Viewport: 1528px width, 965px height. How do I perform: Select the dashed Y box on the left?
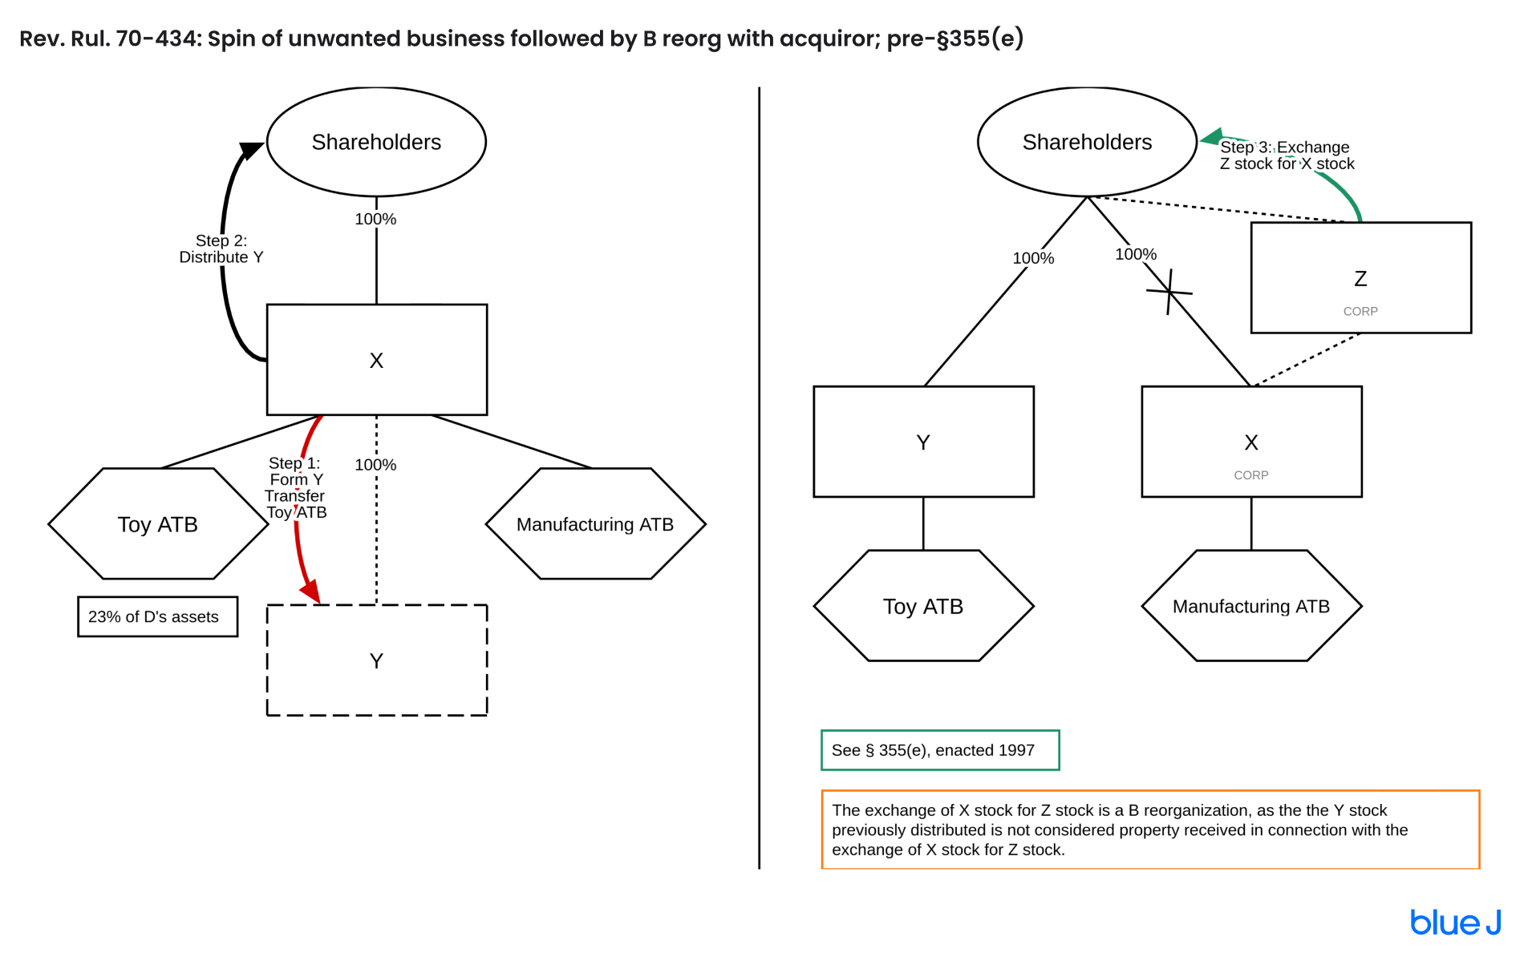376,660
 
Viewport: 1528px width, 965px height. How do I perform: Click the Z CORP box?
1360,278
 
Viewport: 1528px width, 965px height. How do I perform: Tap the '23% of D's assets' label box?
157,616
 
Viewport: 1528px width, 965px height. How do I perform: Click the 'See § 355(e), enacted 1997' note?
939,750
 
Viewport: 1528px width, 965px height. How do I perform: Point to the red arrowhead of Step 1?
311,593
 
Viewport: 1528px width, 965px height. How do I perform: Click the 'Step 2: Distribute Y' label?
221,248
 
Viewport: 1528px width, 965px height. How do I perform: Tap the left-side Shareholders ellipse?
376,142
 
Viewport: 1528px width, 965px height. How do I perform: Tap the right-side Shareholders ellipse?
1087,142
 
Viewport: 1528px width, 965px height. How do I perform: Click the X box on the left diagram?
376,360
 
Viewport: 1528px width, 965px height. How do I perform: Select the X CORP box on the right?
1250,442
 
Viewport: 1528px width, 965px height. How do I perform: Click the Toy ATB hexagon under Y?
923,606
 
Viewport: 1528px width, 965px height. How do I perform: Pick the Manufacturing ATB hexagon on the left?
595,524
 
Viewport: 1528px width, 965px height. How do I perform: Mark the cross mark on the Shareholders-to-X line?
1169,292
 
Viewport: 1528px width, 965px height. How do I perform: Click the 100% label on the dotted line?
375,465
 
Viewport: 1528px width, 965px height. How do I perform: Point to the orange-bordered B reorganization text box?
1149,830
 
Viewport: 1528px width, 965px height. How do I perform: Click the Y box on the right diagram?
923,442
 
